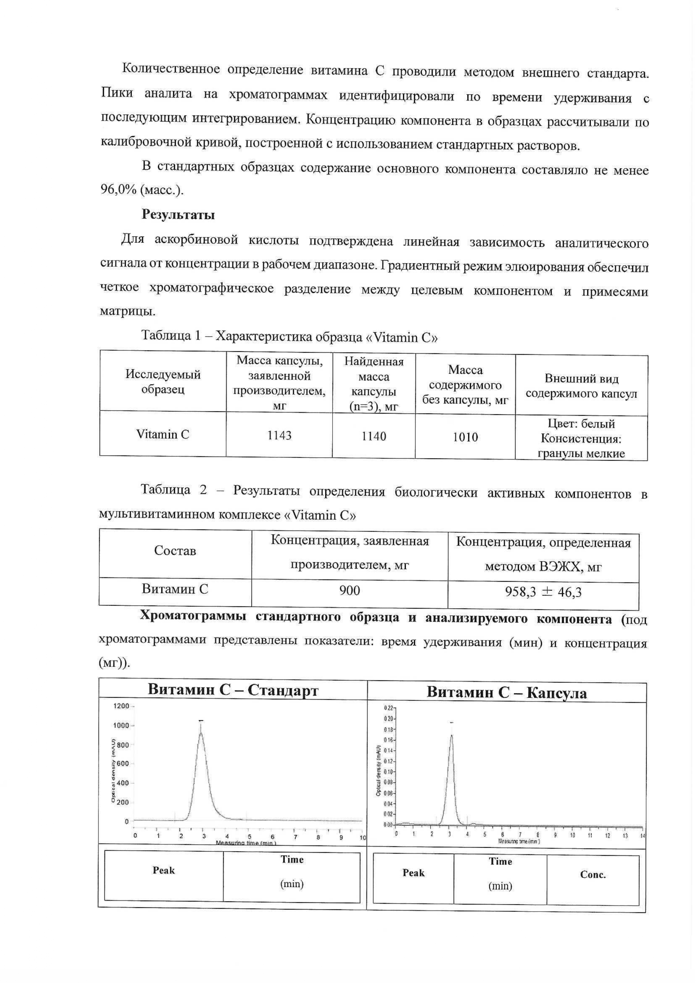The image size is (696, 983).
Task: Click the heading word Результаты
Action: click(178, 214)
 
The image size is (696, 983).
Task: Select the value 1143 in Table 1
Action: click(279, 435)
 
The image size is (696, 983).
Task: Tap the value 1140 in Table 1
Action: click(374, 436)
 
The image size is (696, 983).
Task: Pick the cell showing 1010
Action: click(465, 437)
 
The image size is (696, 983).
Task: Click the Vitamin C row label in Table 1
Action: click(163, 434)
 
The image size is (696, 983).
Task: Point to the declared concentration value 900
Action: click(349, 591)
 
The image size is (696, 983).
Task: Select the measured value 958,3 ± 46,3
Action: click(543, 592)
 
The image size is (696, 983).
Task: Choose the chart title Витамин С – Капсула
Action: click(507, 692)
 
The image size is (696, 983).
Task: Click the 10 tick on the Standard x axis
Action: click(363, 837)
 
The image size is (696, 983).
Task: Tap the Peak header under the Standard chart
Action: click(164, 870)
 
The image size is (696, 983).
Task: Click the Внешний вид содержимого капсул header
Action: click(581, 386)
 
